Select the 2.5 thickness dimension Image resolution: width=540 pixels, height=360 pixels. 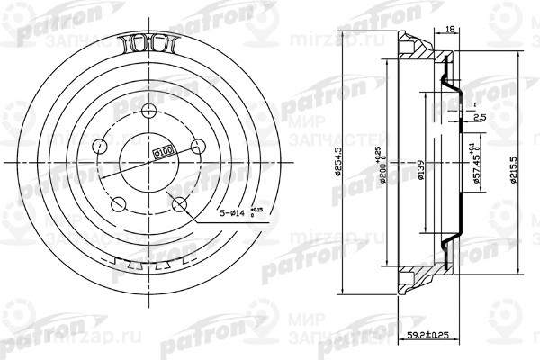(x=479, y=117)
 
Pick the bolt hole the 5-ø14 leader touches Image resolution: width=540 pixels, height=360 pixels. (x=180, y=203)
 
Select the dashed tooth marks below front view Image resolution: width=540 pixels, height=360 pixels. (x=148, y=266)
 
